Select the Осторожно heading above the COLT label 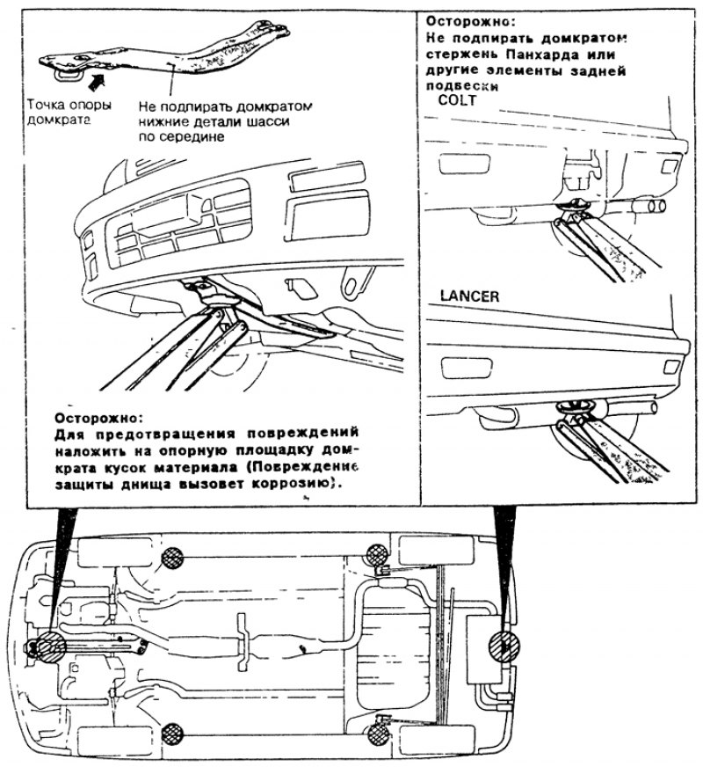(467, 19)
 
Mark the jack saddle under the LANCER (576, 406)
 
